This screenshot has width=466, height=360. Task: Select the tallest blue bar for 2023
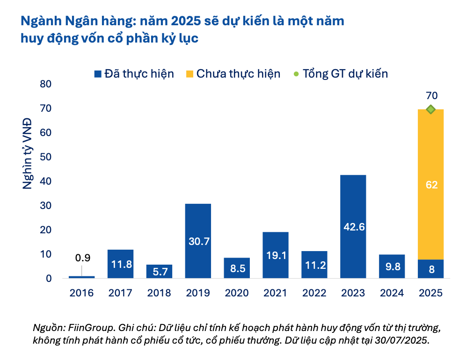click(x=353, y=226)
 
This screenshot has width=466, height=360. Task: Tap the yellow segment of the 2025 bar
click(x=431, y=184)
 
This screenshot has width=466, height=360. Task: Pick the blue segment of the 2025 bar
click(x=431, y=269)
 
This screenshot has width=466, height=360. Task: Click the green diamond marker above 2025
click(x=431, y=109)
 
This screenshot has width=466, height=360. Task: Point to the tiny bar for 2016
click(x=81, y=277)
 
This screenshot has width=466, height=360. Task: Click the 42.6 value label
click(x=353, y=227)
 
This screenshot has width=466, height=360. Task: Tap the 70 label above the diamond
click(x=431, y=96)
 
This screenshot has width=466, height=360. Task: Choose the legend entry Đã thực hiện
click(x=134, y=73)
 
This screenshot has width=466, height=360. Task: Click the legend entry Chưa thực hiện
click(x=233, y=73)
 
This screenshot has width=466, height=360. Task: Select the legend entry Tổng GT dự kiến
click(x=340, y=73)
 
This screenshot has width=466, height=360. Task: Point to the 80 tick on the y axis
click(x=46, y=84)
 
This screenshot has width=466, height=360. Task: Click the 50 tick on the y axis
click(x=46, y=157)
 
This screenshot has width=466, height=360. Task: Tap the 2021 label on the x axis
click(x=276, y=293)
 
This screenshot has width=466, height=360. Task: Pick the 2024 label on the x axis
click(x=392, y=293)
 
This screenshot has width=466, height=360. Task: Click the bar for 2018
click(x=159, y=271)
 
